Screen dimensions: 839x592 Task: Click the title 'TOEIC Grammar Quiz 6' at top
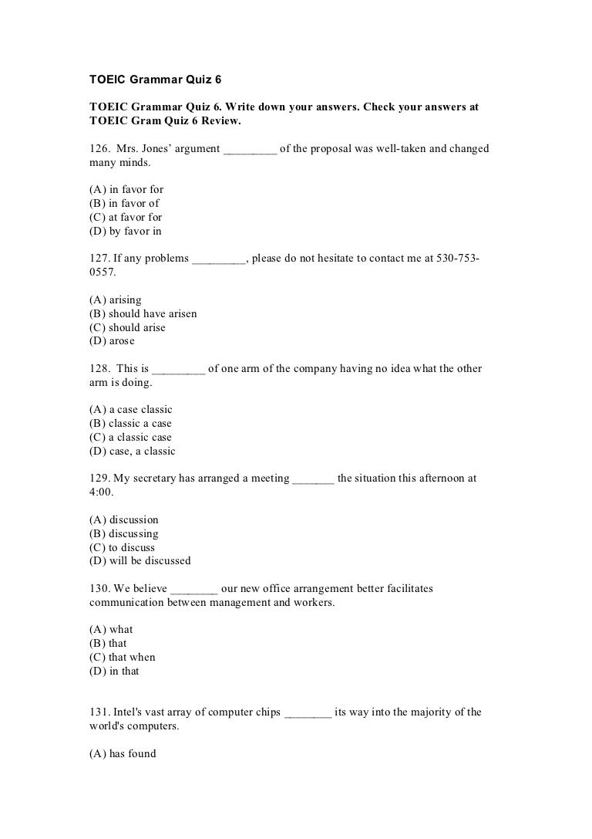pyautogui.click(x=150, y=80)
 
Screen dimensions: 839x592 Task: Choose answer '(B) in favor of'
pyautogui.click(x=124, y=204)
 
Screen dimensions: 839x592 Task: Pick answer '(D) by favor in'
pyautogui.click(x=126, y=232)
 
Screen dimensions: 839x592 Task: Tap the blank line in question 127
pyautogui.click(x=218, y=259)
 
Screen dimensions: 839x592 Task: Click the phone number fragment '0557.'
pyautogui.click(x=103, y=272)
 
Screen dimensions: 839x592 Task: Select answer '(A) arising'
pyautogui.click(x=116, y=299)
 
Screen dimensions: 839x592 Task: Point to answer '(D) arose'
pyautogui.click(x=112, y=341)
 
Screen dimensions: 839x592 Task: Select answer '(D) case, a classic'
pyautogui.click(x=133, y=452)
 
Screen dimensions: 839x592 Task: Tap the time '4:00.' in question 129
pyautogui.click(x=103, y=492)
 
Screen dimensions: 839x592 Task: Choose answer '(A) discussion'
pyautogui.click(x=124, y=519)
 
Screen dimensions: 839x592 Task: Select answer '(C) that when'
pyautogui.click(x=123, y=658)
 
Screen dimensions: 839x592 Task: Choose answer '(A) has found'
pyautogui.click(x=123, y=754)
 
